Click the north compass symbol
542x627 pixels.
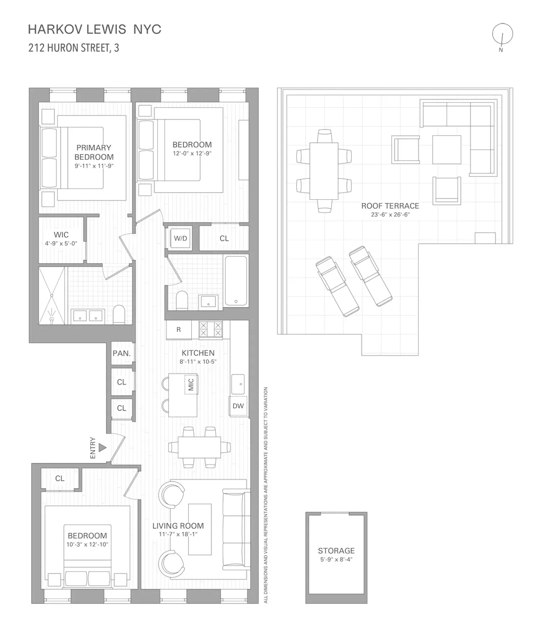point(502,35)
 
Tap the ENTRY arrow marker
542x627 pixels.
point(103,448)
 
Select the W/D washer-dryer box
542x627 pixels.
point(180,238)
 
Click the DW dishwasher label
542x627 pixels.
point(238,406)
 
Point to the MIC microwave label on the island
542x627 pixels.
point(191,385)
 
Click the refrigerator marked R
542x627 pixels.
point(178,330)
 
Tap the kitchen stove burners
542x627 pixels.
point(211,329)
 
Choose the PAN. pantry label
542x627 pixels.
point(122,353)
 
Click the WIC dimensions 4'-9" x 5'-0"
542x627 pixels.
point(61,244)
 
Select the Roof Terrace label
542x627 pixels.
point(390,206)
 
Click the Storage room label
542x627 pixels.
point(336,551)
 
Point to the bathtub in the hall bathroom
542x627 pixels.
point(236,280)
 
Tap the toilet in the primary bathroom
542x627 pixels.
point(119,314)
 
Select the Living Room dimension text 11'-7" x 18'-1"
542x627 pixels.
point(178,534)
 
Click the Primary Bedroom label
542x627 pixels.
point(94,152)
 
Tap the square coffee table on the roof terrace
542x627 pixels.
point(447,149)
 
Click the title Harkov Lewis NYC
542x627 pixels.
point(95,29)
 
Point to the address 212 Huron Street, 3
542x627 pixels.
point(74,48)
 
